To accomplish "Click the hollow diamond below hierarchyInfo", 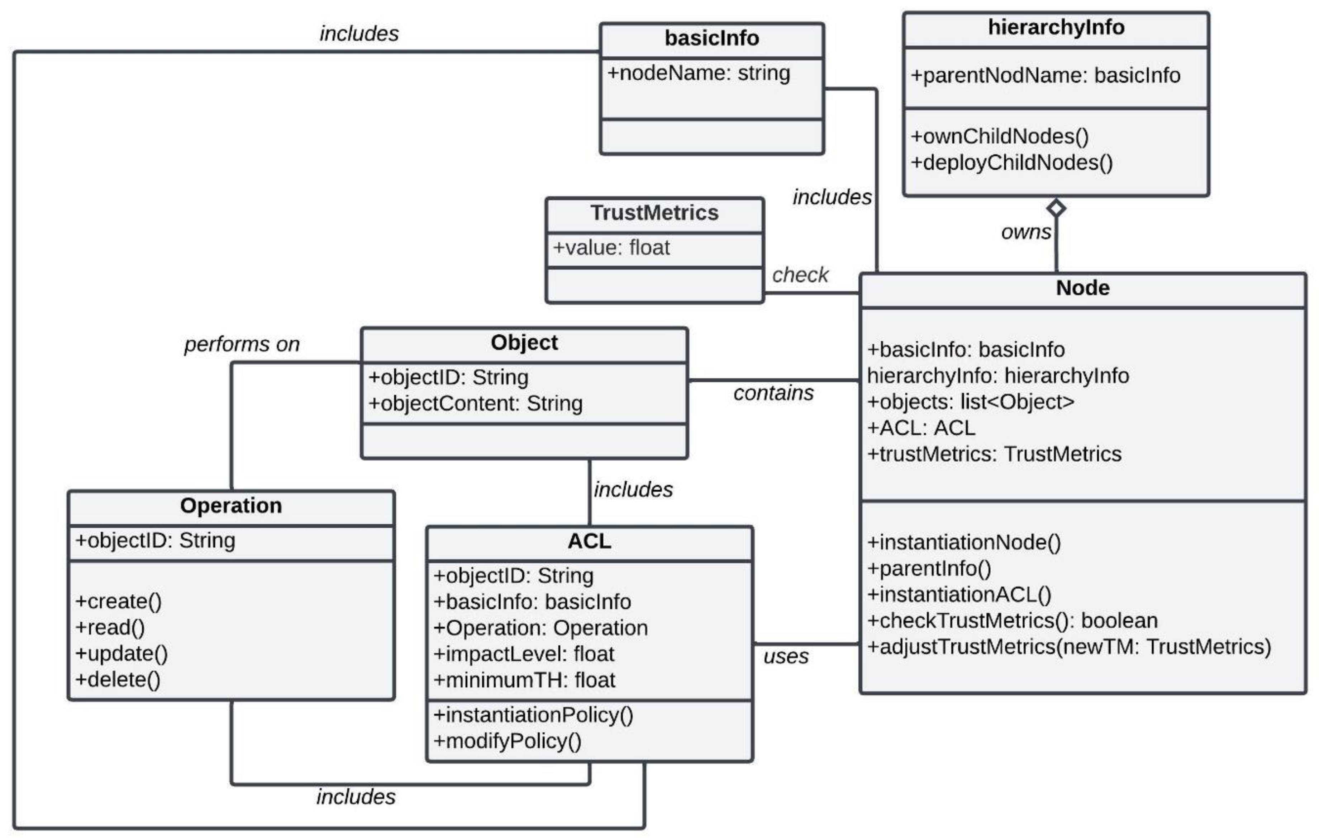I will (1056, 208).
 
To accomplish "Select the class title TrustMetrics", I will (654, 213).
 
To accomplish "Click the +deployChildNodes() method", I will (1011, 163).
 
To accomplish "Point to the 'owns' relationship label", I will (1025, 232).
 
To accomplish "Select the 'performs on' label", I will (242, 344).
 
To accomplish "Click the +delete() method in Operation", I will (118, 679).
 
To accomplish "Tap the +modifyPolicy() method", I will (507, 741).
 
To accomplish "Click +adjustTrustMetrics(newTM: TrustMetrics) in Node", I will (1069, 647).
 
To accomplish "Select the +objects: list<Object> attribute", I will (970, 402).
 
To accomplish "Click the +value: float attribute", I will (611, 248).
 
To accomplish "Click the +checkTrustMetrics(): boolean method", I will (1012, 621).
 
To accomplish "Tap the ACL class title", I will (589, 541).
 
